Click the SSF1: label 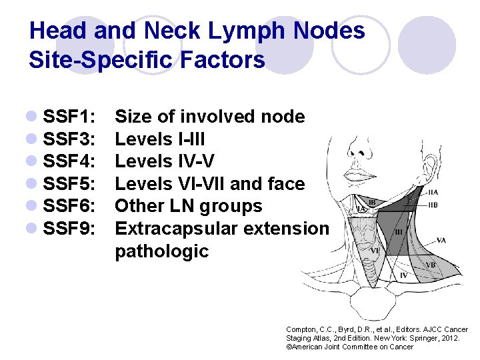[x=71, y=117]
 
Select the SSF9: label [x=71, y=229]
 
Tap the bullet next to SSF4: [x=33, y=162]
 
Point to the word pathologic [x=162, y=252]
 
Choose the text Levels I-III [x=160, y=139]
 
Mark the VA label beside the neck [x=441, y=240]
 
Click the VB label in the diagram [x=430, y=265]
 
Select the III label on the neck [x=399, y=232]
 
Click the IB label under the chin [x=373, y=201]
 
